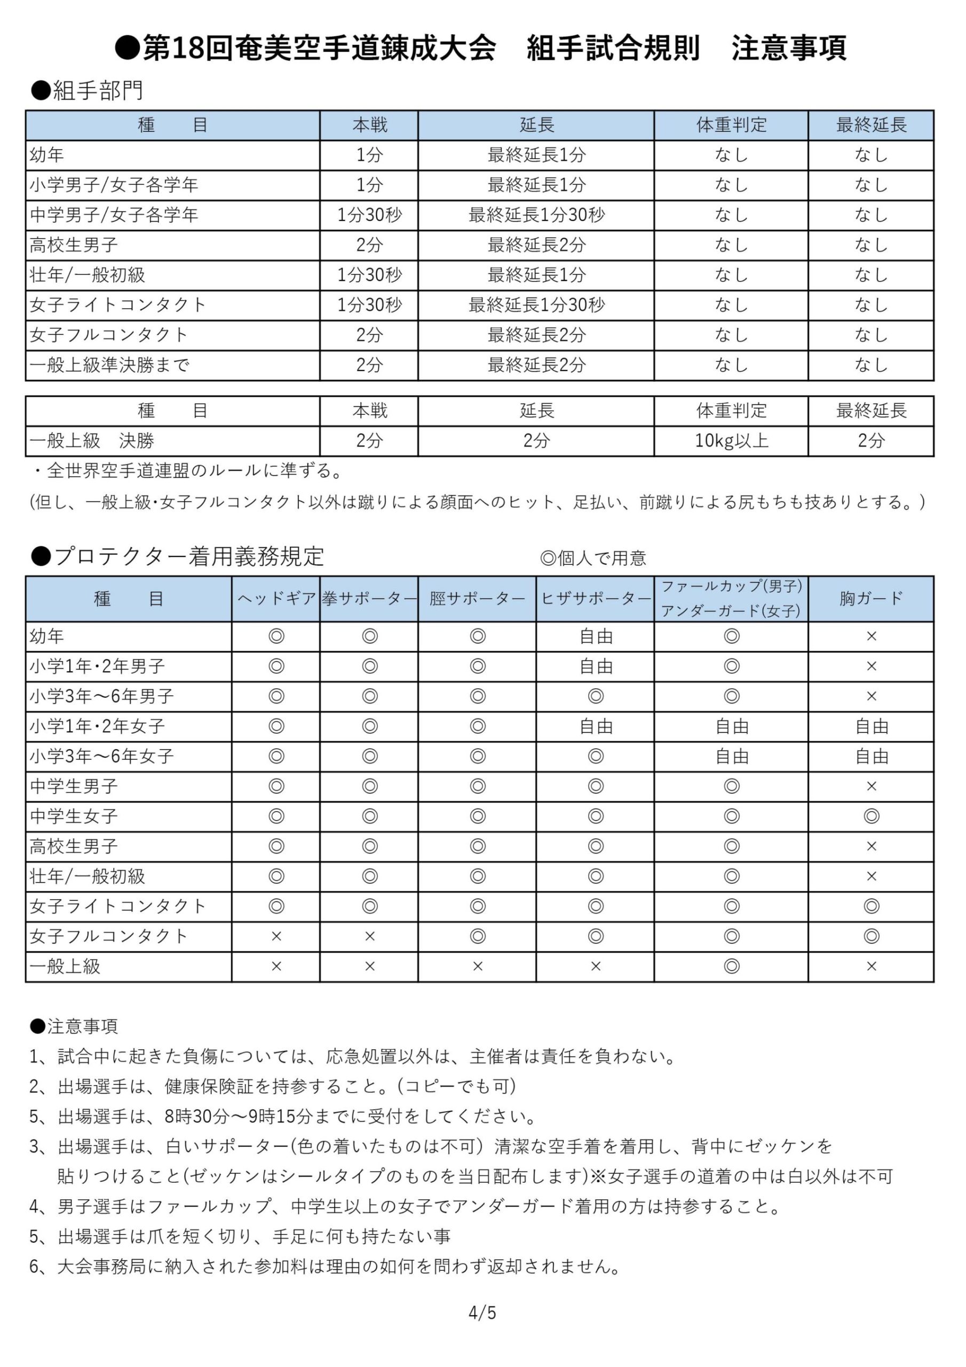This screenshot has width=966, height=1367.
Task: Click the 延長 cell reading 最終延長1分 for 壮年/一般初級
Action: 536,275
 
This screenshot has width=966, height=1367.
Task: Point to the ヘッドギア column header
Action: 276,599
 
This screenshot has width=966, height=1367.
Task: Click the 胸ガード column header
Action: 871,599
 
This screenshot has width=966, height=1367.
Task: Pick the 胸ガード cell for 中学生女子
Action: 871,816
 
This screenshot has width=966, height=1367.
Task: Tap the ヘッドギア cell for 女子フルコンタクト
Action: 276,936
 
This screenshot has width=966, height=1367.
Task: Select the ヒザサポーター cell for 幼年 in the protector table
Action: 595,637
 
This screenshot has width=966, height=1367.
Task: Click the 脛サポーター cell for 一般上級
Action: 477,967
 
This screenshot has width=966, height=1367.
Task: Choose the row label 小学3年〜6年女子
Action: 102,756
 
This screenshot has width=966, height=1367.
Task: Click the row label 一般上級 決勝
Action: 92,441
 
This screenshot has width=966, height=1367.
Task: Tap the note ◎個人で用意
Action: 593,558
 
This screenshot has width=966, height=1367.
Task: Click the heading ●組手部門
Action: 87,90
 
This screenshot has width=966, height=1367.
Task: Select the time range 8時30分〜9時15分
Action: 238,1117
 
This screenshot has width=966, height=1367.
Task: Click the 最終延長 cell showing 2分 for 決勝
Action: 871,441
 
